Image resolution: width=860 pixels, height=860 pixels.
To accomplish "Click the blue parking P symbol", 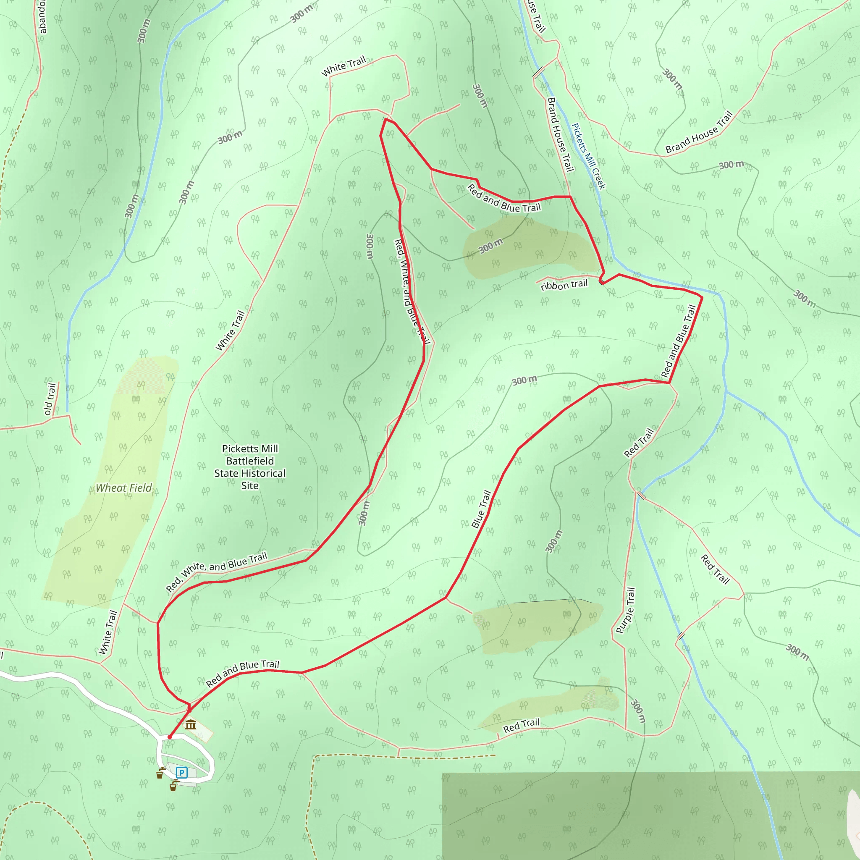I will point(181,772).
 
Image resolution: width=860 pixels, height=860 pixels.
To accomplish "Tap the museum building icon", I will point(191,724).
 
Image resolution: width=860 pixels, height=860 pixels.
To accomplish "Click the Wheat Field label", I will point(124,488).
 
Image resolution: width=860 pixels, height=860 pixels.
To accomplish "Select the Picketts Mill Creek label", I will point(588,156).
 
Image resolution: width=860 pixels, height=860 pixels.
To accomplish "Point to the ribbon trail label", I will point(564,285).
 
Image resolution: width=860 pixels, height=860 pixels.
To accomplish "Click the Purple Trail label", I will point(625,610).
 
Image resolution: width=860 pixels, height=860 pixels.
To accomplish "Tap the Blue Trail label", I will point(481,509).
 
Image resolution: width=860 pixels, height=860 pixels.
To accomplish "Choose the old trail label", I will point(50,399).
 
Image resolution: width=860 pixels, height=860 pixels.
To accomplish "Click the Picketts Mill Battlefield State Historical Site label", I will point(250,467).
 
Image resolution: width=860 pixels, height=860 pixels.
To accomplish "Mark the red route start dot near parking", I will point(170,737).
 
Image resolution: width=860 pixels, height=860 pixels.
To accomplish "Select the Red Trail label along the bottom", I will point(521,726).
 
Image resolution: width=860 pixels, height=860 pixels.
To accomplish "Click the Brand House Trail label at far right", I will point(699,132).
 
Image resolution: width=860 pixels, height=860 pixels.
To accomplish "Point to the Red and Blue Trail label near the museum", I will point(242,673).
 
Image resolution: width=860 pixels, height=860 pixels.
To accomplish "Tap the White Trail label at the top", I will point(343,66).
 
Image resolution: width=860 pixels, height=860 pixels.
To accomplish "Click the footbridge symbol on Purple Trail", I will point(641,496).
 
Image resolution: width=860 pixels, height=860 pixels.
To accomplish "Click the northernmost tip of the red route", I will point(385,119).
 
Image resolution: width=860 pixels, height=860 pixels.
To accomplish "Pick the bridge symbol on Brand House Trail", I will point(539,72).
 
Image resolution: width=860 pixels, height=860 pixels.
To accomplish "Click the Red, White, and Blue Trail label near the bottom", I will point(216,572).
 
